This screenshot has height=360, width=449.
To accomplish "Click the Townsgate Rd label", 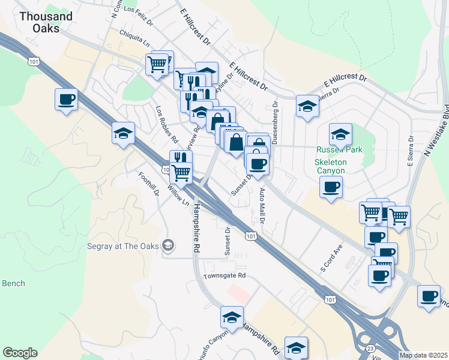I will [x=224, y=276].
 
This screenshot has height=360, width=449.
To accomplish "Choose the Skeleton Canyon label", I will [x=331, y=167].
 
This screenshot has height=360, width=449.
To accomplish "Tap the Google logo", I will [x=20, y=353].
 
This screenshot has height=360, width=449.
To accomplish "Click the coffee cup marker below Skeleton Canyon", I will [x=331, y=188].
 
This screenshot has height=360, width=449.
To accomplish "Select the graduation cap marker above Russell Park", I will [x=340, y=134].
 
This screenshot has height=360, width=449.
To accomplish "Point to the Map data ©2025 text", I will [x=423, y=355].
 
